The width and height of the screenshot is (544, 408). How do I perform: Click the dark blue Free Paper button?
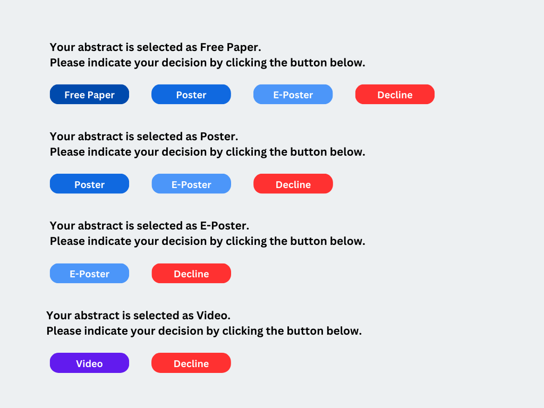click(x=89, y=95)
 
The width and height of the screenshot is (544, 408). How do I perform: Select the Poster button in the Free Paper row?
click(x=191, y=95)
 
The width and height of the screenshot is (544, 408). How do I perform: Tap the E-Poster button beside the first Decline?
click(x=293, y=95)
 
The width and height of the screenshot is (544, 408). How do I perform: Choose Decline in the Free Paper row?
click(x=395, y=95)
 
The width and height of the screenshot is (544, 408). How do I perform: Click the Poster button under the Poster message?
click(x=89, y=184)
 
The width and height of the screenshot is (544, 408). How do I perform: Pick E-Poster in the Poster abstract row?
click(x=191, y=184)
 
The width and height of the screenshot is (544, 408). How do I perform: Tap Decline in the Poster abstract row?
click(x=293, y=184)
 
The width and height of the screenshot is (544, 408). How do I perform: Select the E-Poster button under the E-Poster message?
click(x=89, y=274)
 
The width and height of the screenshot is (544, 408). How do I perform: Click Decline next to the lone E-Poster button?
click(x=191, y=274)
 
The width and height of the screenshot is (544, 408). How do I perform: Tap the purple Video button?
click(x=89, y=363)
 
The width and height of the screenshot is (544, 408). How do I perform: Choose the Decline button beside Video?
click(x=191, y=363)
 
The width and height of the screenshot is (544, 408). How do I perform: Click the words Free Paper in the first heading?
click(x=229, y=47)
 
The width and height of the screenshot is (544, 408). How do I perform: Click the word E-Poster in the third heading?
click(x=224, y=226)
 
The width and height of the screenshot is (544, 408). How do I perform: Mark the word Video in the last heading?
click(x=212, y=316)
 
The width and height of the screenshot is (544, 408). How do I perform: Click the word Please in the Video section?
click(x=64, y=331)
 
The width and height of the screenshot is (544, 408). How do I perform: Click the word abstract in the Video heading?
click(x=98, y=316)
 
